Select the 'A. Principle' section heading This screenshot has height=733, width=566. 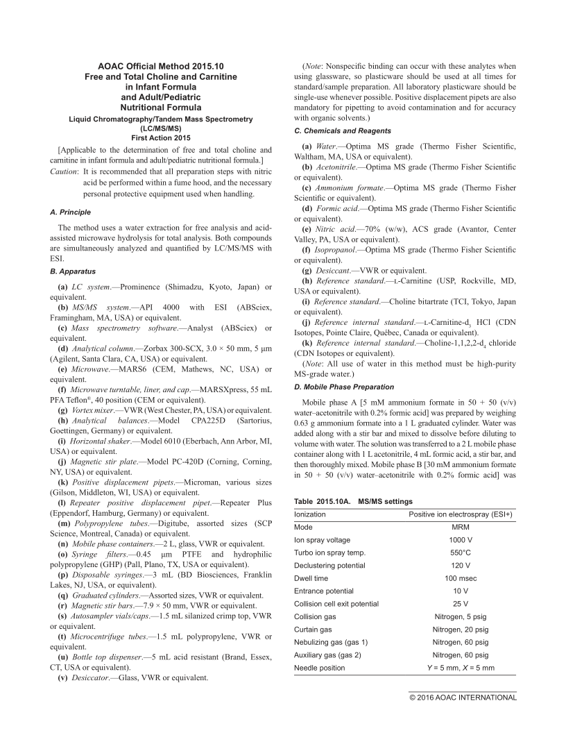point(71,212)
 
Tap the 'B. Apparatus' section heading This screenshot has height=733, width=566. point(72,271)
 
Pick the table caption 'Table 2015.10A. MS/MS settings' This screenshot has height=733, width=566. point(353,501)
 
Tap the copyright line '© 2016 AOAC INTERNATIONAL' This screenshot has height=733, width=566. point(463,698)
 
